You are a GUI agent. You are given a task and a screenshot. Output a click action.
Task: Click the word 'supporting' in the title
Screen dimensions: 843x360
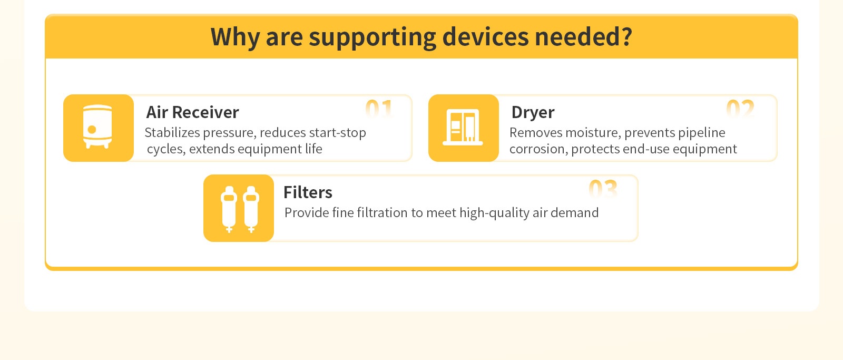(x=372, y=37)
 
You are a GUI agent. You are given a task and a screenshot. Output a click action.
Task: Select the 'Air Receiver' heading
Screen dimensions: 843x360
(x=192, y=112)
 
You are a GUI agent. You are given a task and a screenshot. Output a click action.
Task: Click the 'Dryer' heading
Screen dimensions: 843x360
(x=533, y=113)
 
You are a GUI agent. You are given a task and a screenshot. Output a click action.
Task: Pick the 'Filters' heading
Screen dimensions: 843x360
(x=308, y=192)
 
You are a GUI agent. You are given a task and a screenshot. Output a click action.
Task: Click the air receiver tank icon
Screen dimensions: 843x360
(x=97, y=127)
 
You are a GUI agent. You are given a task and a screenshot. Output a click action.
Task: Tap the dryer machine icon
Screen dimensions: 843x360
(x=463, y=127)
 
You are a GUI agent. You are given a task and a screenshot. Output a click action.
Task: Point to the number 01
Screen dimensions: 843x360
(x=379, y=109)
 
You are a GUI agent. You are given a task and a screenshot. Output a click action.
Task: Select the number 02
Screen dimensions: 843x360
(x=740, y=109)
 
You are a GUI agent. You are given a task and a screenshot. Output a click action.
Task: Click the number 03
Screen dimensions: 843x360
(x=603, y=189)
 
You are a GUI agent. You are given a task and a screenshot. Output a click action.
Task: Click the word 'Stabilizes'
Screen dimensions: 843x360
(x=172, y=132)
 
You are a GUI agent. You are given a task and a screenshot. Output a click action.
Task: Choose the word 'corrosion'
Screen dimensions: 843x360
(x=537, y=149)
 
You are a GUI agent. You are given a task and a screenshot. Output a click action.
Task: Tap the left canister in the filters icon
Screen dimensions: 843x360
(x=229, y=209)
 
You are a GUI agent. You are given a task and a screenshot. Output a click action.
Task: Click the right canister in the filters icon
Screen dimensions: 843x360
(x=251, y=209)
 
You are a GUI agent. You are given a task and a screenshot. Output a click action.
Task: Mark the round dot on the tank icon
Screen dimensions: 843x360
(x=92, y=130)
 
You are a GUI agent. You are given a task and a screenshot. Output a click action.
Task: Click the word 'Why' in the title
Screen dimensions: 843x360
(x=235, y=37)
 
